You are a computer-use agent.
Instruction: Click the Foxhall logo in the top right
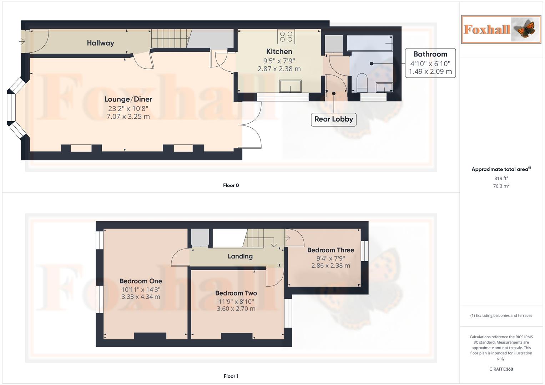pyautogui.click(x=501, y=29)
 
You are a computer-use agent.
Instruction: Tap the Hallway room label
pyautogui.click(x=100, y=43)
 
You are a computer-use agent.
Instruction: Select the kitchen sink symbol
pyautogui.click(x=290, y=86)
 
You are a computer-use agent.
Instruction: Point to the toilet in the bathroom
pyautogui.click(x=362, y=82)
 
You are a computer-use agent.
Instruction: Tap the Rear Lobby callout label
pyautogui.click(x=333, y=119)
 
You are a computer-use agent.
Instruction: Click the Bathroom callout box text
pyautogui.click(x=430, y=54)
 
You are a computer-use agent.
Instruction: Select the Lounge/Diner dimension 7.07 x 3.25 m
pyautogui.click(x=128, y=117)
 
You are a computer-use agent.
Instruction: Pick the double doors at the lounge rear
pyautogui.click(x=252, y=125)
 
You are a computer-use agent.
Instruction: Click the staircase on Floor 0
pyautogui.click(x=169, y=38)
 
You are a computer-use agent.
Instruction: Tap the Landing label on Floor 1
pyautogui.click(x=240, y=256)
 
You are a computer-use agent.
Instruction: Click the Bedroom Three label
pyautogui.click(x=330, y=250)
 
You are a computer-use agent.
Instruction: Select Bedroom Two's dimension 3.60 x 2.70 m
pyautogui.click(x=236, y=309)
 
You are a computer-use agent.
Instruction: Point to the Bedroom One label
pyautogui.click(x=141, y=281)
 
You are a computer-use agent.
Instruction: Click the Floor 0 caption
pyautogui.click(x=231, y=185)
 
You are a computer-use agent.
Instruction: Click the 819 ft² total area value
pyautogui.click(x=501, y=178)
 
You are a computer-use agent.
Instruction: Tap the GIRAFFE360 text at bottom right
pyautogui.click(x=501, y=369)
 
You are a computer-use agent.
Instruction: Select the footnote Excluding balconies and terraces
pyautogui.click(x=501, y=315)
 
